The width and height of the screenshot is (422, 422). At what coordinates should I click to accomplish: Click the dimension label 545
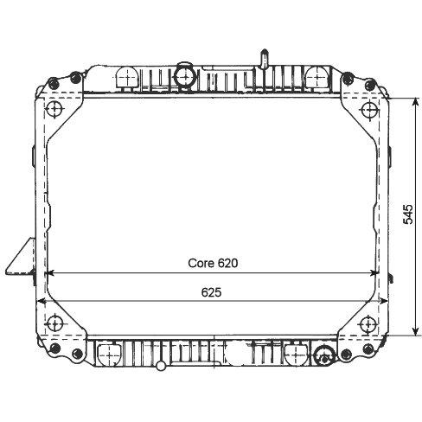point(408,214)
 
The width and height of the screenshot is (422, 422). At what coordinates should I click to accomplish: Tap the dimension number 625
point(211,292)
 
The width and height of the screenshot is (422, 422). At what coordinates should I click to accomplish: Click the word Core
point(201,263)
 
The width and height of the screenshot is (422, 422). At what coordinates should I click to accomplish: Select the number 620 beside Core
point(227,263)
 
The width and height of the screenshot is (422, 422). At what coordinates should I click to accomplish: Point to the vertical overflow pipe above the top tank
point(264,60)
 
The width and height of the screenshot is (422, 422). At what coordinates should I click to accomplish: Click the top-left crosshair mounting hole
point(54,110)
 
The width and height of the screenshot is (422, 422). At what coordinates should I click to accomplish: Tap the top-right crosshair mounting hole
point(368,110)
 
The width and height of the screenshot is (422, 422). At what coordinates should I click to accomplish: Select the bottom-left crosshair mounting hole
point(54,323)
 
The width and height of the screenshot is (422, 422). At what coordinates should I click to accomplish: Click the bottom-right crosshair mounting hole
point(368,323)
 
